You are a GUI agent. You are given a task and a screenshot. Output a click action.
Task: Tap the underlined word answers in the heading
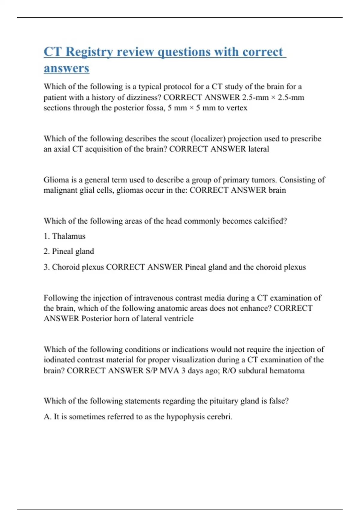coord(66,68)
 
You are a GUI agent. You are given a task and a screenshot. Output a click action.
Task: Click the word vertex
coord(237,108)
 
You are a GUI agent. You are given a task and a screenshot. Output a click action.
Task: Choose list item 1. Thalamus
coord(64,236)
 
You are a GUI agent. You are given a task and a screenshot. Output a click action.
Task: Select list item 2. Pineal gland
coord(69,251)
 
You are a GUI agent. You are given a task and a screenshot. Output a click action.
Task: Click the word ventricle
coord(179,319)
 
